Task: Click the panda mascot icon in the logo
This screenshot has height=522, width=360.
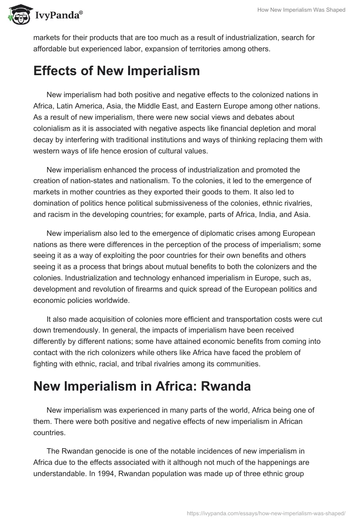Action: (x=17, y=15)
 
